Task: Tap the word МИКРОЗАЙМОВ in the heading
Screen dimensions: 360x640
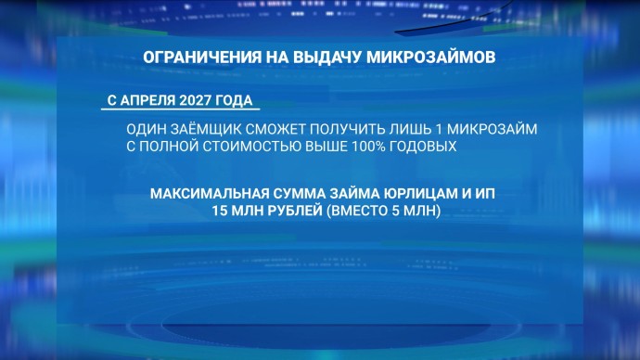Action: pyautogui.click(x=436, y=58)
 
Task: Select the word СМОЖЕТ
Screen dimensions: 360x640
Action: pyautogui.click(x=281, y=128)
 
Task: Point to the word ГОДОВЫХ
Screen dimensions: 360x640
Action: pyautogui.click(x=431, y=146)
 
